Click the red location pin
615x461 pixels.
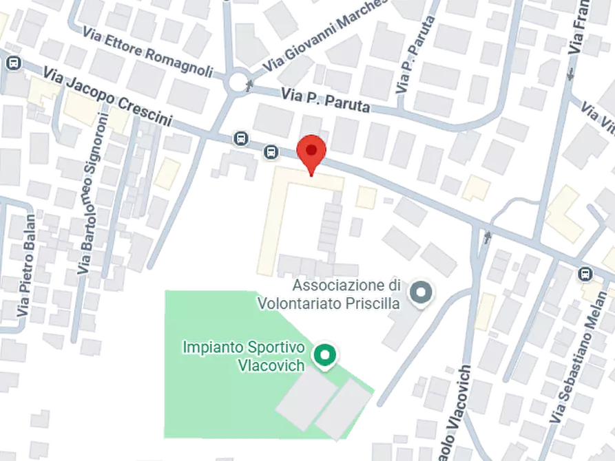(311, 152)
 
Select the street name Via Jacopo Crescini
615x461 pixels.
(107, 96)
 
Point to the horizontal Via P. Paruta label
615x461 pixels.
(326, 100)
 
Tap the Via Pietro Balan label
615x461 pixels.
(27, 264)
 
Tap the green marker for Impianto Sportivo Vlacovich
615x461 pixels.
(322, 356)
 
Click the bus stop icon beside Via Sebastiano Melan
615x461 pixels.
(585, 273)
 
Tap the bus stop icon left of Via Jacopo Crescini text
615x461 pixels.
(12, 63)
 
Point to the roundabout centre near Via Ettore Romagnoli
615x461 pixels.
(238, 85)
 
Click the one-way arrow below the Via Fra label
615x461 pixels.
(570, 74)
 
